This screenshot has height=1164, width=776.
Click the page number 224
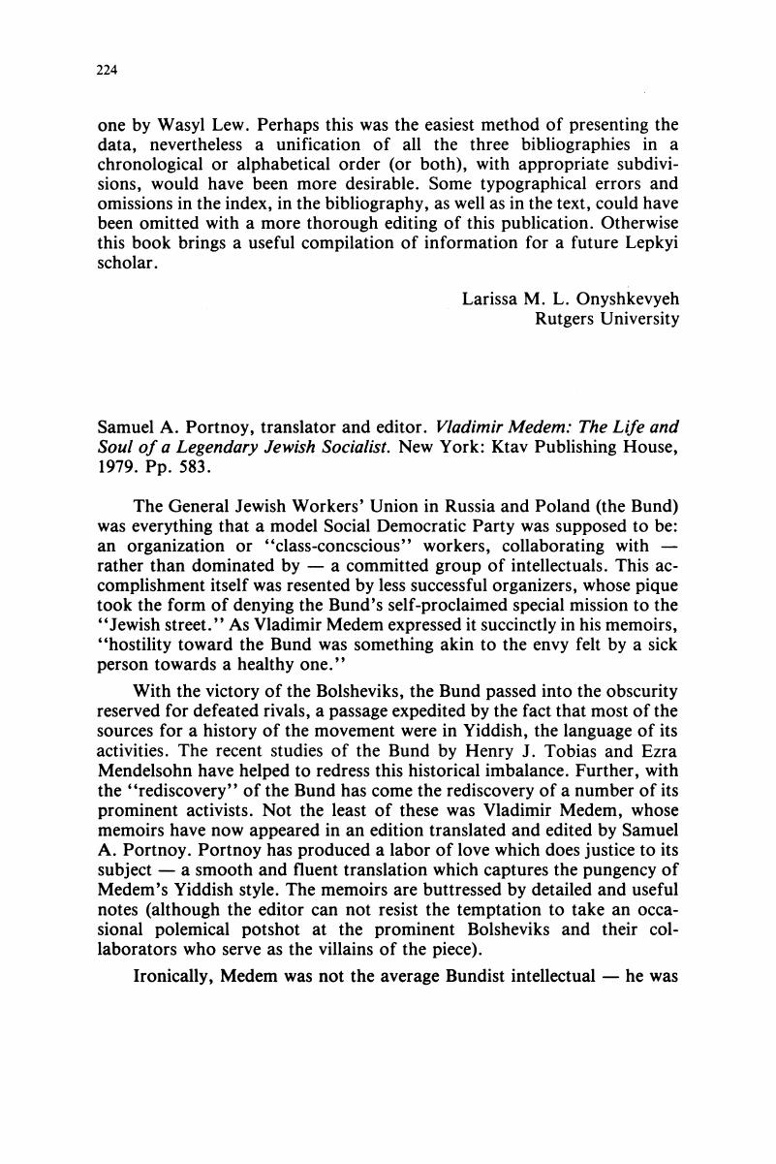tap(109, 70)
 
